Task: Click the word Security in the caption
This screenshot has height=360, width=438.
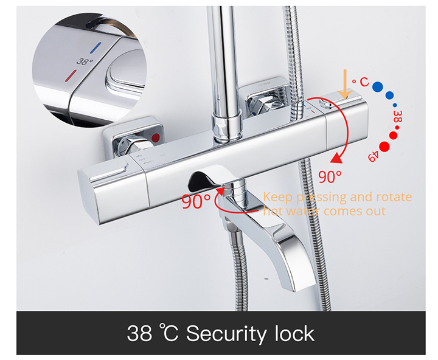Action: [226, 334]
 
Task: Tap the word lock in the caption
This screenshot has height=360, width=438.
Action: [294, 333]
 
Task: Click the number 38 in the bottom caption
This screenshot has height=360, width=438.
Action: [139, 333]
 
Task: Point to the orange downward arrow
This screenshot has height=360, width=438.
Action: [345, 84]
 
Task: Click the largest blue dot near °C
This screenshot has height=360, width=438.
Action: [378, 87]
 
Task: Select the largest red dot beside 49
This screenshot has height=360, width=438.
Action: [384, 147]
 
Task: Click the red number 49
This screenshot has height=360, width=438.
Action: [374, 156]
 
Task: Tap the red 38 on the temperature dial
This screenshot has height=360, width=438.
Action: [397, 117]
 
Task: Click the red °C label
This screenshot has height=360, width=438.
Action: [361, 82]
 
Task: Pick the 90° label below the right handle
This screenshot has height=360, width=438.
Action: [330, 177]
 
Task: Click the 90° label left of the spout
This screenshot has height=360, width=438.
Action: [196, 201]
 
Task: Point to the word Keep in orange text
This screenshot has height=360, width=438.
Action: [277, 198]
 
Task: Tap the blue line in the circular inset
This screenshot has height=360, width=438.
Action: [96, 48]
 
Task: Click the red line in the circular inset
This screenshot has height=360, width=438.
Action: [71, 76]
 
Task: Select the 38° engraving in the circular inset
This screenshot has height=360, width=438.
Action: [85, 61]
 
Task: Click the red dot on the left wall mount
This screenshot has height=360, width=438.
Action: [155, 137]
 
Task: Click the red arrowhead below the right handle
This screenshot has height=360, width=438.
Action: [336, 158]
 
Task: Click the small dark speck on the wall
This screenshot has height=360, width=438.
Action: [266, 279]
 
